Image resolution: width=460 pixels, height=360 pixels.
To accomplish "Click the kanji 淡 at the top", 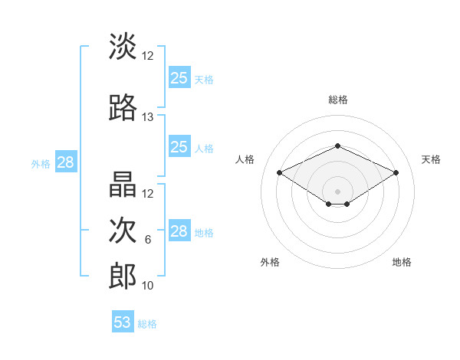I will click(123, 46).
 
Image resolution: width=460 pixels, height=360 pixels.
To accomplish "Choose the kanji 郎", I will click(123, 276).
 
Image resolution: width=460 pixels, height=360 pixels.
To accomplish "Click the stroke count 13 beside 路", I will click(148, 117).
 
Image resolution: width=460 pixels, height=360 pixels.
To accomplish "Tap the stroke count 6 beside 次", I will click(148, 240).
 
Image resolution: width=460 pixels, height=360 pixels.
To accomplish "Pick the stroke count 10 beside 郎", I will click(148, 286).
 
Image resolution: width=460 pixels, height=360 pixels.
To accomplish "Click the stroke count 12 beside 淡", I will click(148, 56).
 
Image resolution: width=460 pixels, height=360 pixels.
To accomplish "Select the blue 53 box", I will click(123, 322).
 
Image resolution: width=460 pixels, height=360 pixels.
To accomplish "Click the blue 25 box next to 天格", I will click(179, 77).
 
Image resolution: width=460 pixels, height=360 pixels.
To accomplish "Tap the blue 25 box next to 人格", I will click(179, 147).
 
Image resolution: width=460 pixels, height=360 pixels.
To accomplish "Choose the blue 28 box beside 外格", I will click(65, 162).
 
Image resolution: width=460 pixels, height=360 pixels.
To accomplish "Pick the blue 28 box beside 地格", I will click(179, 231).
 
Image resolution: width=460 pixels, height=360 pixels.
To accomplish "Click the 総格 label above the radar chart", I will click(337, 100).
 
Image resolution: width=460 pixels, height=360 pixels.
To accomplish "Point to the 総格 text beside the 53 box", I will click(147, 324).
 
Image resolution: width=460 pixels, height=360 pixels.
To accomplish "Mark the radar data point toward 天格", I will click(396, 172).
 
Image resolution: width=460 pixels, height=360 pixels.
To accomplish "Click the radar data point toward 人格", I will click(279, 172).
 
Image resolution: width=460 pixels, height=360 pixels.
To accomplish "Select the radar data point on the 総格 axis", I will click(337, 146).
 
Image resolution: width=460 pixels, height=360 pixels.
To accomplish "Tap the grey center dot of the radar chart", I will click(337, 191).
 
